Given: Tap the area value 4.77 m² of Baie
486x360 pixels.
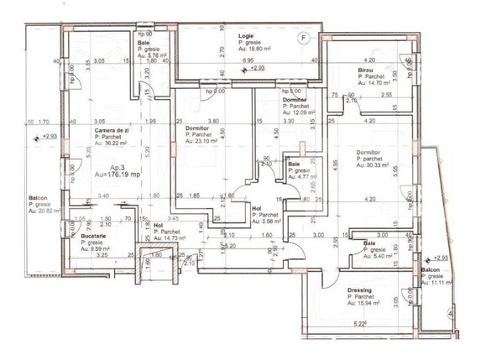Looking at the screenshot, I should click(304, 177).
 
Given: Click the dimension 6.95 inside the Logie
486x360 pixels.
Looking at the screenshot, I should click(248, 61).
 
